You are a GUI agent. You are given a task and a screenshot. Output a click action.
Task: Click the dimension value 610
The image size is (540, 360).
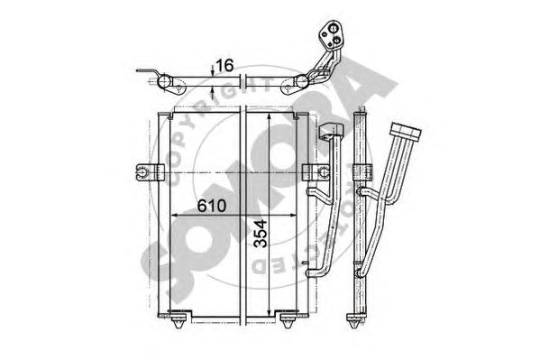click(212, 206)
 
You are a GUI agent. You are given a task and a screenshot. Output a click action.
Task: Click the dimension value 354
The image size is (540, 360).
click(261, 234)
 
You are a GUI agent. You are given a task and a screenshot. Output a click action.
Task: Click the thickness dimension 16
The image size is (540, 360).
click(224, 65)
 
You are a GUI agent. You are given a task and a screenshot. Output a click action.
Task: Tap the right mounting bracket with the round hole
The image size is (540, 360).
click(316, 172)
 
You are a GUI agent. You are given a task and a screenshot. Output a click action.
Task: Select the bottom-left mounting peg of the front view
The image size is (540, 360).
click(178, 320)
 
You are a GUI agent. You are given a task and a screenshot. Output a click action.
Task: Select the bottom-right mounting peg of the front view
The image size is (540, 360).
click(288, 320)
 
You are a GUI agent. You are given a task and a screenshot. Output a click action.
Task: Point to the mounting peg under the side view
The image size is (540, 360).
click(354, 320)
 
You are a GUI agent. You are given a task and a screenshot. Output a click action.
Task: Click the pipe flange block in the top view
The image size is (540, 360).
click(330, 35)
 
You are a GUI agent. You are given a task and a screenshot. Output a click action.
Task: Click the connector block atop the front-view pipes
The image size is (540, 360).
click(331, 131)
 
